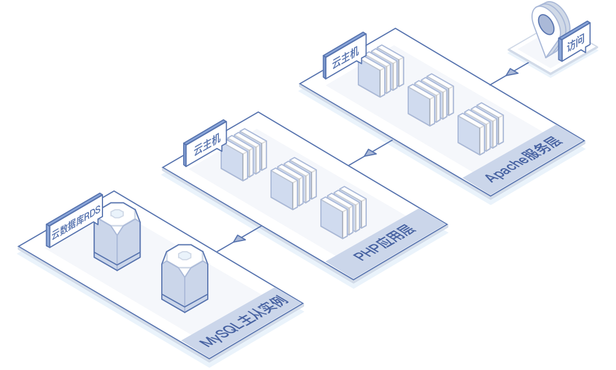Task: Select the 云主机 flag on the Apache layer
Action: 344,57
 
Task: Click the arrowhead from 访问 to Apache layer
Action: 511,73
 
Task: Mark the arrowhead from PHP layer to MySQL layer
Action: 239,238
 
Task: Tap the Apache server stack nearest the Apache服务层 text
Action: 480,128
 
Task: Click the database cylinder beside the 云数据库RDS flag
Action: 116,235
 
